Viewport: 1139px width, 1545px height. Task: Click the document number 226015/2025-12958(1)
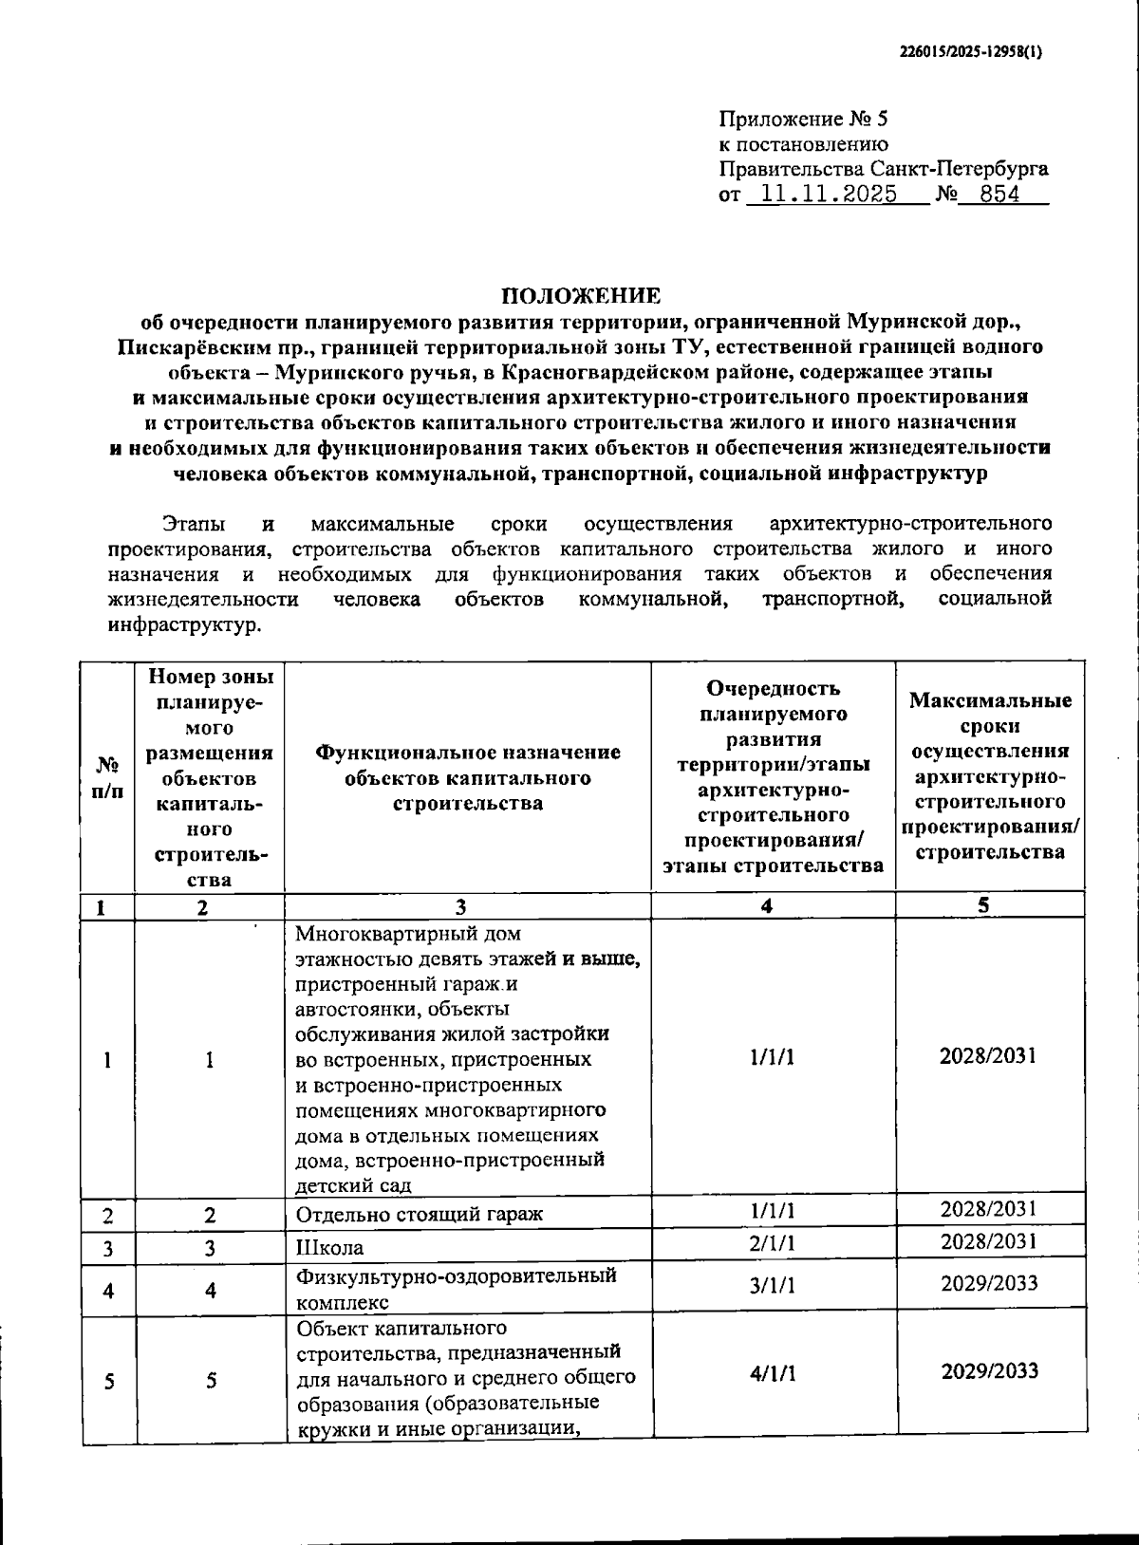970,53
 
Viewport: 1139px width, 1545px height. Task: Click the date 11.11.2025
822,195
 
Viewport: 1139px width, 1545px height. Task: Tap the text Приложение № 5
803,120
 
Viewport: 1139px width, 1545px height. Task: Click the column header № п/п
107,776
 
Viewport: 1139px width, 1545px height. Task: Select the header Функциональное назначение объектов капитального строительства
468,777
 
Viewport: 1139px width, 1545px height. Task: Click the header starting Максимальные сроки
990,776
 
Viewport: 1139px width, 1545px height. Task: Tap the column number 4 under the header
766,906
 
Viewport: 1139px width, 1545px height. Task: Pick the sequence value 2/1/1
773,1244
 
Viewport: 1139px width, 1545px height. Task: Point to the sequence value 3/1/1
773,1285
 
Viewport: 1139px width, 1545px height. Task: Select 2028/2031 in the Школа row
989,1241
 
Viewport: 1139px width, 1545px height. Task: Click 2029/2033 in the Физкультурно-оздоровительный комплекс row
989,1284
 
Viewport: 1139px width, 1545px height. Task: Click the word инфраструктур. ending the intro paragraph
182,625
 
